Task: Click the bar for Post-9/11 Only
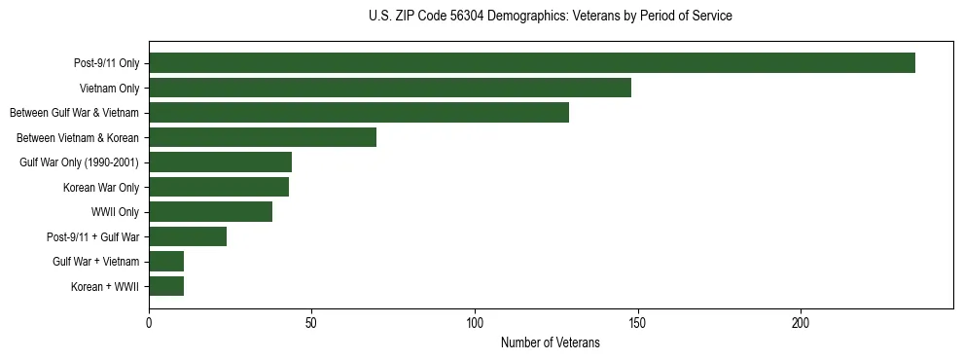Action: [x=531, y=63]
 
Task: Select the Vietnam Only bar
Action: [x=389, y=88]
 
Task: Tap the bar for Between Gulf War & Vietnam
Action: [x=358, y=113]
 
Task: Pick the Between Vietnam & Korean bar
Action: [x=263, y=137]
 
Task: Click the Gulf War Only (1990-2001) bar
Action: [x=220, y=162]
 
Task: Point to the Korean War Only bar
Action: [x=219, y=187]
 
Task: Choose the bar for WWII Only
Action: [x=210, y=212]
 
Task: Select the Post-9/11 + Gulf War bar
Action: [x=188, y=236]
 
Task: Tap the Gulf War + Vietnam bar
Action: [x=166, y=262]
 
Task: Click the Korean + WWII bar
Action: [x=166, y=286]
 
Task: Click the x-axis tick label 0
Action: [x=149, y=322]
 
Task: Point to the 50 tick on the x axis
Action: [x=311, y=322]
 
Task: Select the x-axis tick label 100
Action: [x=475, y=322]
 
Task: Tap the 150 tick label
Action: [x=637, y=322]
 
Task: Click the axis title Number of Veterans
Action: [x=550, y=342]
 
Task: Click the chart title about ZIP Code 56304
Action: [x=550, y=17]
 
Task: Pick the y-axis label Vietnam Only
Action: [x=109, y=89]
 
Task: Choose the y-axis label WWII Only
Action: [x=115, y=212]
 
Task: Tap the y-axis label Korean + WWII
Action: [x=105, y=287]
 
